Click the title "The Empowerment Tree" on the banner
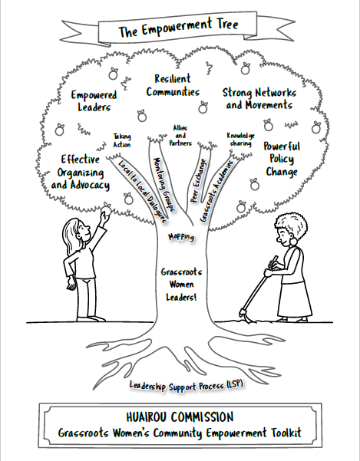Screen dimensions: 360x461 click(x=178, y=28)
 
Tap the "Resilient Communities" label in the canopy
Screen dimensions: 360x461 click(x=173, y=85)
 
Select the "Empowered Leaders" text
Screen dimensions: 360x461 click(x=94, y=100)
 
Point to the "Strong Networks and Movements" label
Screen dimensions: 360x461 click(x=259, y=98)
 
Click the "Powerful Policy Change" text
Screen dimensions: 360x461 click(x=282, y=159)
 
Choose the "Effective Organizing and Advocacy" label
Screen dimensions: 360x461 click(x=81, y=172)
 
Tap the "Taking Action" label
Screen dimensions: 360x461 click(x=122, y=140)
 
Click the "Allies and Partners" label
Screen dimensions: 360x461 click(x=180, y=136)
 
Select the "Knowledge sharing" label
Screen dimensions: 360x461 click(x=240, y=140)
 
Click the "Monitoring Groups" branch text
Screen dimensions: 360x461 click(x=164, y=184)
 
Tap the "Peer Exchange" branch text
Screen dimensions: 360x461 click(x=199, y=181)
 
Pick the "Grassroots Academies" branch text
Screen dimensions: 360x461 click(x=216, y=191)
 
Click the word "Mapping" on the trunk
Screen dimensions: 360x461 click(x=181, y=237)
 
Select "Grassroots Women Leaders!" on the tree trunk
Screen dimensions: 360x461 click(x=181, y=285)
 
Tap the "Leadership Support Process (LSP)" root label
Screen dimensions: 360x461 click(x=187, y=385)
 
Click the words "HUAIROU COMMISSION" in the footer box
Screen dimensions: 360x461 click(x=180, y=417)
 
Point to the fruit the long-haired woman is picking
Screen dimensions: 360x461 click(x=106, y=209)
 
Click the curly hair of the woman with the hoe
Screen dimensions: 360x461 click(x=291, y=226)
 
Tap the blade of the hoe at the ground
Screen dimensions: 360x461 click(x=245, y=316)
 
